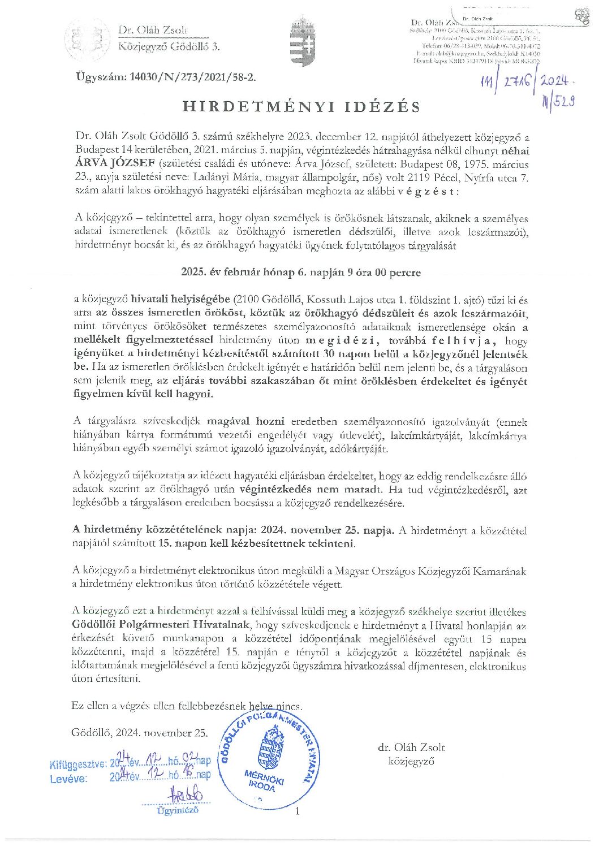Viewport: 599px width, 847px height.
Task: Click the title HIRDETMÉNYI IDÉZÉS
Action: [x=301, y=107]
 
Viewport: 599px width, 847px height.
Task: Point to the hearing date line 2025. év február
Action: [x=301, y=272]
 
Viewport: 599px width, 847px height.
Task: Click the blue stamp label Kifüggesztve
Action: [x=78, y=764]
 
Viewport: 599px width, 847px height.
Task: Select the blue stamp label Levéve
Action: [x=68, y=778]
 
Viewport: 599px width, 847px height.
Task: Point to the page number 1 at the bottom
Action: [x=296, y=811]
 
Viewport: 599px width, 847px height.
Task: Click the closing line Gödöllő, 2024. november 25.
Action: [x=140, y=733]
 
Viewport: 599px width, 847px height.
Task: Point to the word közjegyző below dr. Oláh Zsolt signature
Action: [x=411, y=761]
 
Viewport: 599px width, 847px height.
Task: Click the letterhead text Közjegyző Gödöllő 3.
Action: [x=169, y=46]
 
